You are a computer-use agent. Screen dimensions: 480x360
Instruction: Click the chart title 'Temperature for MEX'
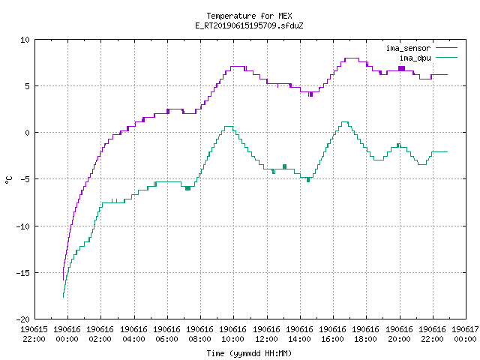249,16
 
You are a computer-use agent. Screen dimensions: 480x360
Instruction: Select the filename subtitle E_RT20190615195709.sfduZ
249,25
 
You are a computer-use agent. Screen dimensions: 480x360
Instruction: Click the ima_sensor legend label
408,48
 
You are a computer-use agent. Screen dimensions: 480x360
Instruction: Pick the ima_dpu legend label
415,58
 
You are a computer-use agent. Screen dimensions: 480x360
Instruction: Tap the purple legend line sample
447,48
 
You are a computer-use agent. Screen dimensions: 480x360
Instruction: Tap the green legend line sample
447,57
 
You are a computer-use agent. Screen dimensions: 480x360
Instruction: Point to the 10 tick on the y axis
25,40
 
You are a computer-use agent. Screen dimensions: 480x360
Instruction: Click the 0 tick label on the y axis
28,133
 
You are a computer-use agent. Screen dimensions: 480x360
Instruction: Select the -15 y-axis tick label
23,273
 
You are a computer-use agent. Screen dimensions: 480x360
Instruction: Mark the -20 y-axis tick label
23,319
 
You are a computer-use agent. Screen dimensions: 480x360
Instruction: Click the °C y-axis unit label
9,180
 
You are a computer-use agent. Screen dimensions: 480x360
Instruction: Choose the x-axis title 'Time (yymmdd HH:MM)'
249,353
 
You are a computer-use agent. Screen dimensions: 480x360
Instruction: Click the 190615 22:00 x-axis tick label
34,334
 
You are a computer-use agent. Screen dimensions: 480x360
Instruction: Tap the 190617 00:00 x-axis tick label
465,334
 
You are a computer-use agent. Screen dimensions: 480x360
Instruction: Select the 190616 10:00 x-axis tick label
233,334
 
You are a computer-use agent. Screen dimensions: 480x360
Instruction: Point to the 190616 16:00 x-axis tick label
332,334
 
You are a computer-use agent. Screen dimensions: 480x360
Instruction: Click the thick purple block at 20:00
402,68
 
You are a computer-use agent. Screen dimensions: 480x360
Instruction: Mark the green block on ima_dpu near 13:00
284,166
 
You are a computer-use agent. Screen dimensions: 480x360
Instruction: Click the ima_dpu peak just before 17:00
345,122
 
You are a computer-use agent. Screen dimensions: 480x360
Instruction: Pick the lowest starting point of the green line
63,297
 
